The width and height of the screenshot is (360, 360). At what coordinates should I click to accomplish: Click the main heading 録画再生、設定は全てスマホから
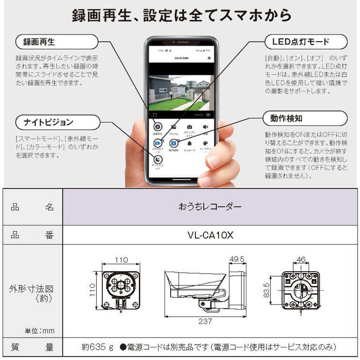pyautogui.click(x=181, y=15)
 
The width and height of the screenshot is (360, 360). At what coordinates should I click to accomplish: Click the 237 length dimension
pyautogui.click(x=205, y=321)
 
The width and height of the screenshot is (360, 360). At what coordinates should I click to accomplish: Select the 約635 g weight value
pyautogui.click(x=97, y=347)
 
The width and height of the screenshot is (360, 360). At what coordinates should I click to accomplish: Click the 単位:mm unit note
pyautogui.click(x=39, y=331)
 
